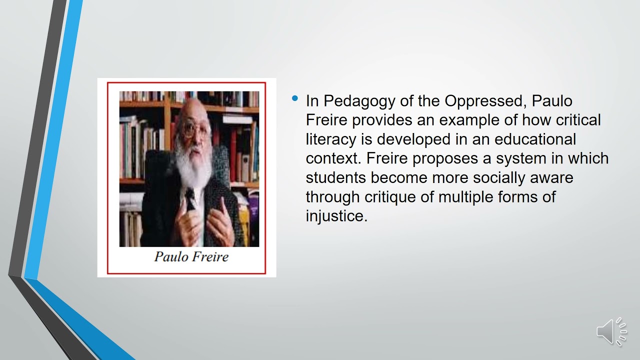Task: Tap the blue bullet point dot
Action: (x=295, y=98)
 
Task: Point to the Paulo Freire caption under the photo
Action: (x=191, y=257)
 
